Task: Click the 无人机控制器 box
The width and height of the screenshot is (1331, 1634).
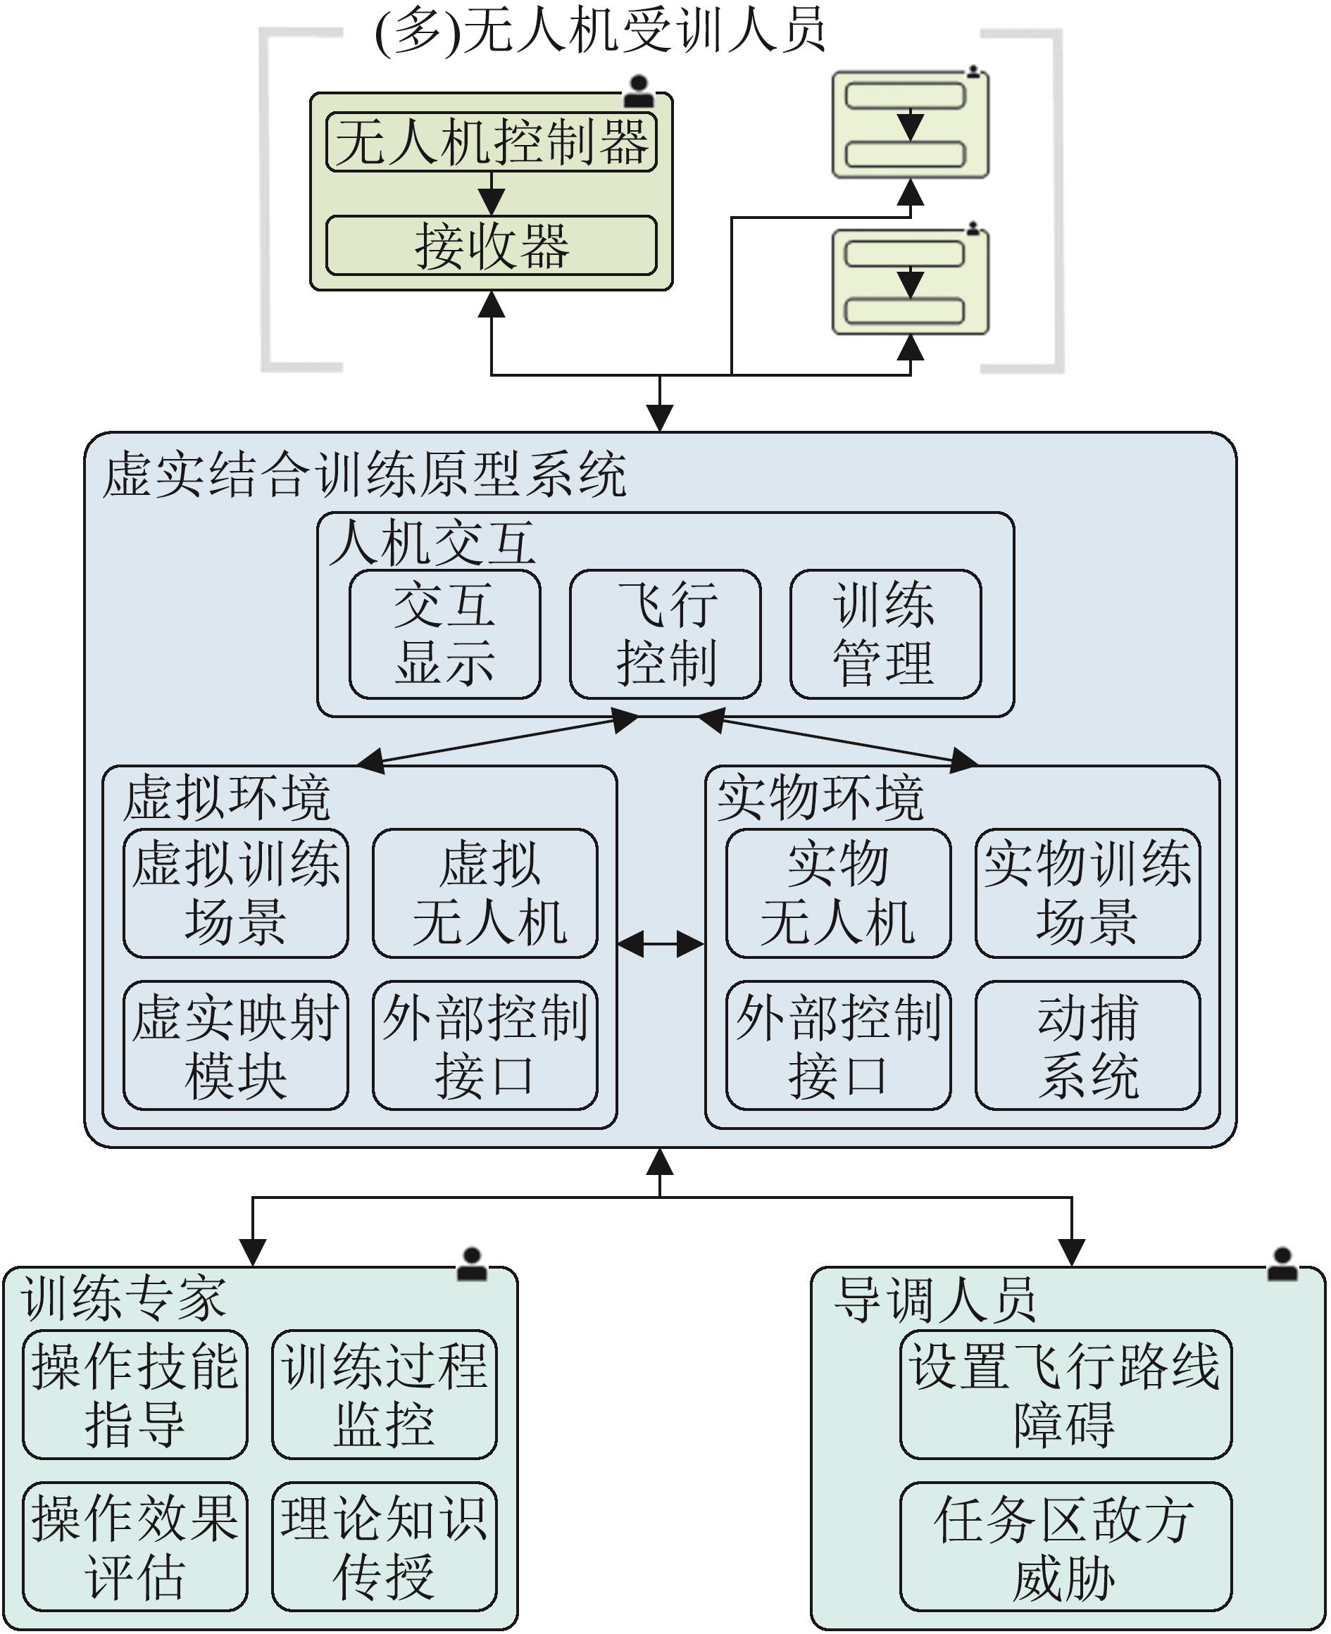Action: click(x=491, y=142)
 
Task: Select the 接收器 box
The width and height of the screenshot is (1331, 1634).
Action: click(x=491, y=246)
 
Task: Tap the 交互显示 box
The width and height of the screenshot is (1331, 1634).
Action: click(x=444, y=634)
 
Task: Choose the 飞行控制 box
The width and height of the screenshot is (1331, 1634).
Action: click(x=665, y=634)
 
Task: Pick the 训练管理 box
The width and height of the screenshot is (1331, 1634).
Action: click(x=885, y=634)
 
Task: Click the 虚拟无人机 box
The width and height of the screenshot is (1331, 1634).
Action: click(x=485, y=893)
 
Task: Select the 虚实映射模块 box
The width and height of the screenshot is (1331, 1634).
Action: click(x=235, y=1045)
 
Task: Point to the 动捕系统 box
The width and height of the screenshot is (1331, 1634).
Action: click(x=1087, y=1045)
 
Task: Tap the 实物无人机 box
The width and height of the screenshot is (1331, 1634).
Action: click(x=838, y=893)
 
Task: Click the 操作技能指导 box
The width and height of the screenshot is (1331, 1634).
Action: click(x=135, y=1394)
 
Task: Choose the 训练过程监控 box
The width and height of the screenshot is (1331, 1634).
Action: click(x=384, y=1394)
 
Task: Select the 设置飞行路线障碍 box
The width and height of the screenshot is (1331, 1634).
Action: click(x=1065, y=1394)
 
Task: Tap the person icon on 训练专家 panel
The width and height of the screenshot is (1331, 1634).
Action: click(x=472, y=1264)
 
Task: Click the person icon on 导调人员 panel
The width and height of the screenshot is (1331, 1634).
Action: click(x=1282, y=1264)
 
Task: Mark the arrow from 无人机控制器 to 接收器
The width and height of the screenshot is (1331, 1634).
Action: click(x=492, y=193)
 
